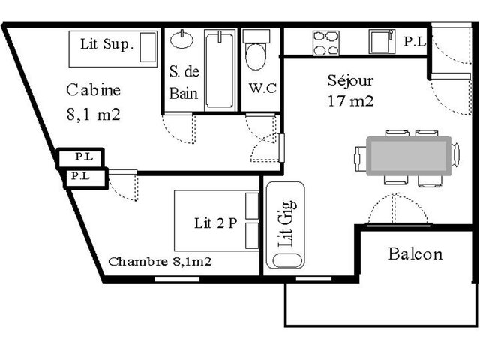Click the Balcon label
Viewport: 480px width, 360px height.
click(415, 254)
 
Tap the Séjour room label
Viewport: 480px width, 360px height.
click(350, 80)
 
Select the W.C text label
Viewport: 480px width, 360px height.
click(262, 88)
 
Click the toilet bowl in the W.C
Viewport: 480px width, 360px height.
click(256, 57)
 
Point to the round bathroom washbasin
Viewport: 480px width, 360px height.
click(181, 40)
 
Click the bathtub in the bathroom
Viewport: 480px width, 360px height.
click(220, 70)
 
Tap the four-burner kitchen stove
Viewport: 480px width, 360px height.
click(326, 43)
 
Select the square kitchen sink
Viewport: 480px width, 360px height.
click(381, 41)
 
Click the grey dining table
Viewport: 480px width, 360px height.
click(409, 156)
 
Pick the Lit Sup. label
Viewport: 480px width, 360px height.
click(106, 44)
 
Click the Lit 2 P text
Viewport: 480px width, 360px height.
click(216, 223)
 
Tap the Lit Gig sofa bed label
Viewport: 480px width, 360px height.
click(286, 223)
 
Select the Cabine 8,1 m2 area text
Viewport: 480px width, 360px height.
click(93, 102)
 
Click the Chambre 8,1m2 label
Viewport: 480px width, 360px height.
click(160, 262)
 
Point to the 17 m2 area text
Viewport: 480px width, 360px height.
click(351, 101)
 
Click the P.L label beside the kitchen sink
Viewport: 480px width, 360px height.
click(415, 42)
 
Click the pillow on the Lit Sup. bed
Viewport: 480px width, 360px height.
click(148, 47)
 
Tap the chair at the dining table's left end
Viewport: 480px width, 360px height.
click(360, 159)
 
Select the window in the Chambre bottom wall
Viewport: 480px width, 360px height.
click(177, 279)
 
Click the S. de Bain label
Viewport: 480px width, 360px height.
click(184, 82)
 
